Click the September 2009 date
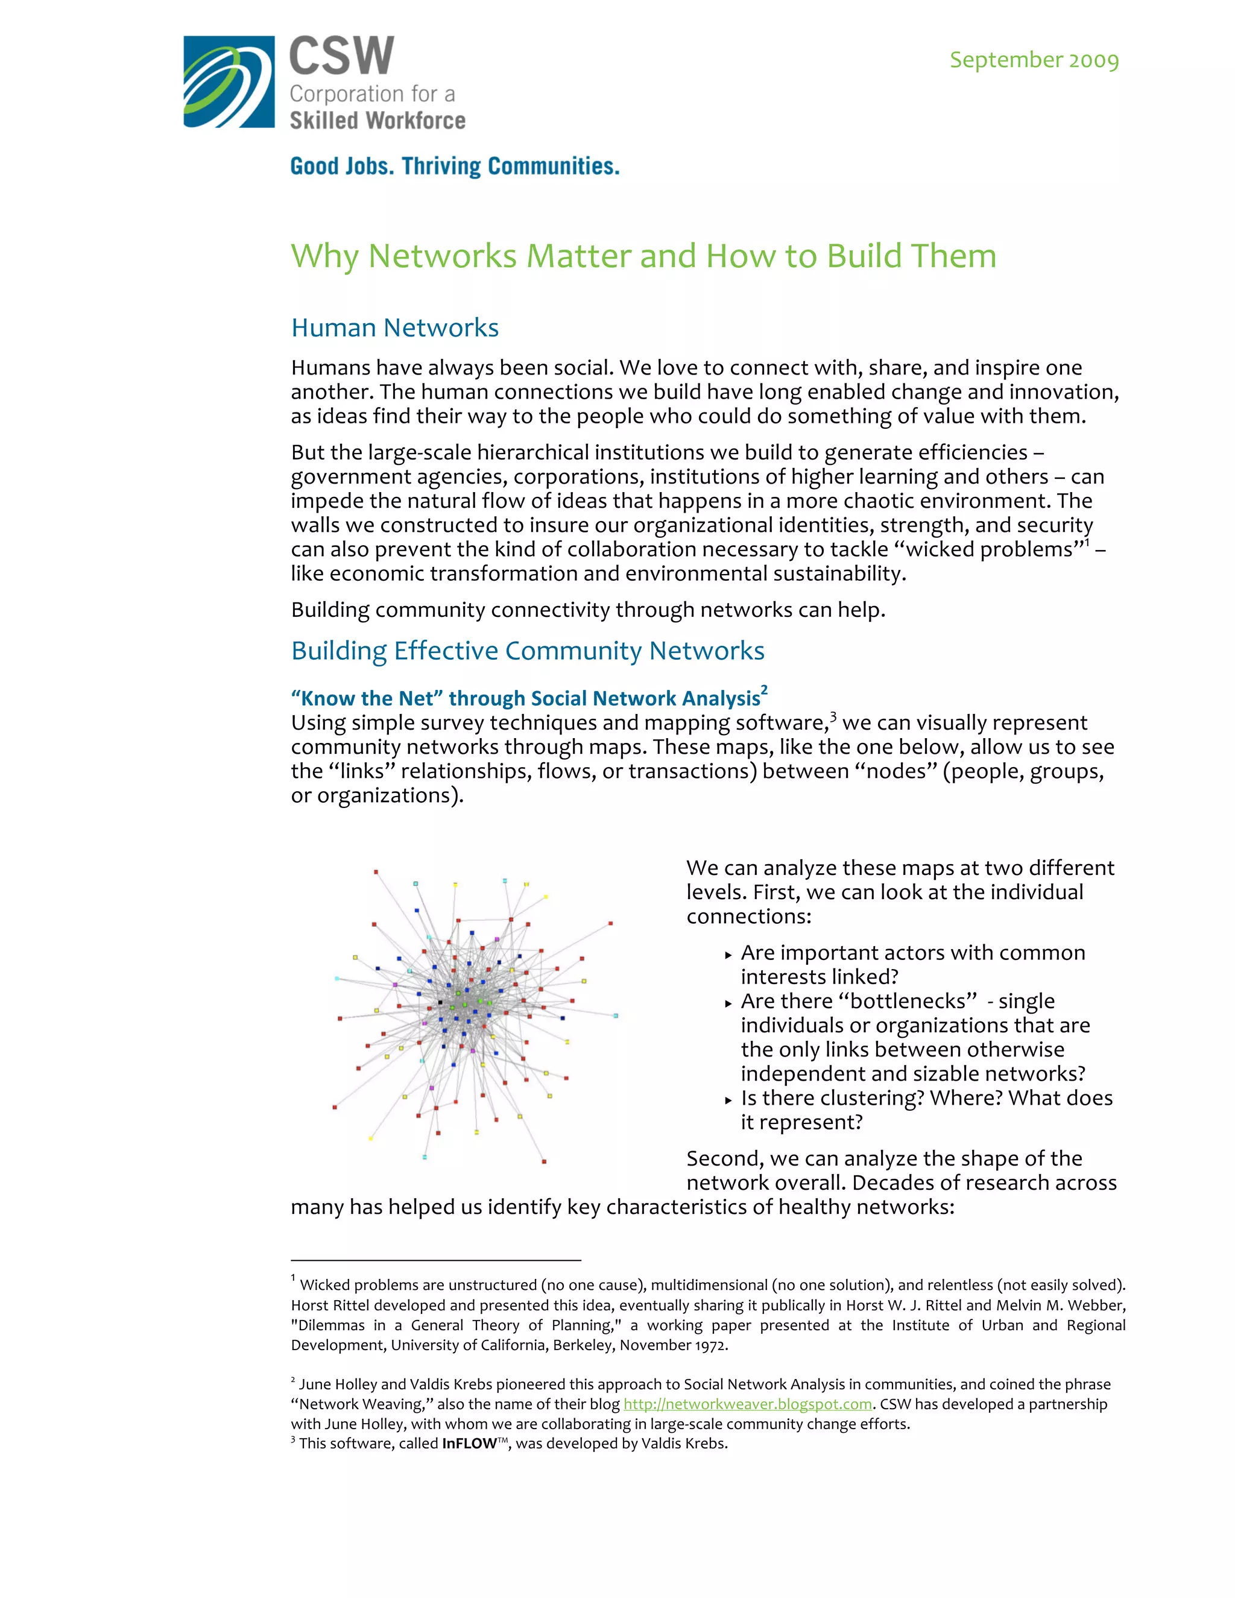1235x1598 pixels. [1034, 60]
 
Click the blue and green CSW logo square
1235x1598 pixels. [229, 82]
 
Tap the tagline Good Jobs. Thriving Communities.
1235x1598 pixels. [454, 166]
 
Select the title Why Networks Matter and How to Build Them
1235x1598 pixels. [643, 256]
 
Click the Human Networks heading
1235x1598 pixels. [394, 328]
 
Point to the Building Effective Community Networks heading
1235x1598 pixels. [528, 651]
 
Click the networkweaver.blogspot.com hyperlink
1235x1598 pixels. [747, 1404]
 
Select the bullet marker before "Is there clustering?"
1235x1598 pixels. [728, 1100]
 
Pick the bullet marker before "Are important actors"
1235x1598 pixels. [728, 955]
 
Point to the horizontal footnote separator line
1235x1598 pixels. [435, 1260]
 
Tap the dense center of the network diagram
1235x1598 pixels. [468, 1006]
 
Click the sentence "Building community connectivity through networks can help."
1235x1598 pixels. [587, 610]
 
